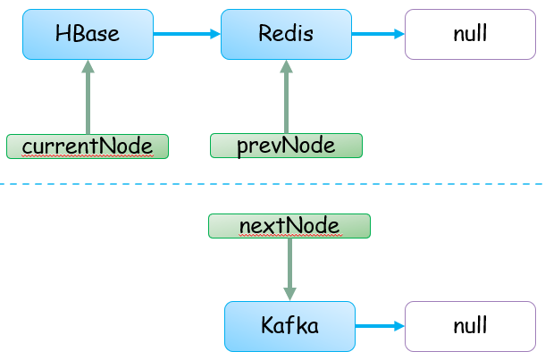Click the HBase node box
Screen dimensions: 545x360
tap(88, 35)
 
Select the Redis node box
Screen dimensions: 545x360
tap(287, 35)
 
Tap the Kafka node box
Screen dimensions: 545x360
tap(289, 326)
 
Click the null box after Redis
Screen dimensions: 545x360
tap(470, 35)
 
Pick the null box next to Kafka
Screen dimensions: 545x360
tap(470, 326)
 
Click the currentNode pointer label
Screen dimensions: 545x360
tap(88, 147)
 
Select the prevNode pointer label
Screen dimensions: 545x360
tap(287, 146)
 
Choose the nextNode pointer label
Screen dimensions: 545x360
tap(289, 226)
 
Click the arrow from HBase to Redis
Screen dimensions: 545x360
tap(188, 34)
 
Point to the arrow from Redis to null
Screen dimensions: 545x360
tap(379, 34)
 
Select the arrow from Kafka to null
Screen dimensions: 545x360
tap(381, 326)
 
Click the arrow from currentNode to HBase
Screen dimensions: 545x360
tap(88, 97)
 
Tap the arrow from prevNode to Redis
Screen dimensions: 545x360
tap(287, 96)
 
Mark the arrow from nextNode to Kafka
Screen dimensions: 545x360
tap(289, 270)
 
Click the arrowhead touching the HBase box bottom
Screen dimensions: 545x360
tap(88, 66)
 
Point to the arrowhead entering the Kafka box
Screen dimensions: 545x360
tap(289, 294)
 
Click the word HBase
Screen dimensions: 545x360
tap(88, 34)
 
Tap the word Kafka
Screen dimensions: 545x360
tap(289, 325)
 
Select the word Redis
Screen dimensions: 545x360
tap(286, 34)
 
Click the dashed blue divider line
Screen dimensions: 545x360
tap(272, 184)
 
